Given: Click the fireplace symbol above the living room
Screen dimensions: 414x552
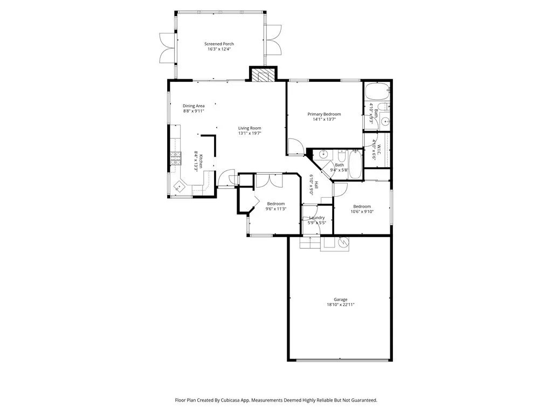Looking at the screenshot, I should pos(263,75).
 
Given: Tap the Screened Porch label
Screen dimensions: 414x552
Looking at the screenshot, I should pos(219,44).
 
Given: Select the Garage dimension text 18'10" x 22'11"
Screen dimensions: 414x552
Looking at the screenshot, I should pos(340,305).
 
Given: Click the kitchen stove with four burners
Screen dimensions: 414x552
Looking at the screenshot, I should pos(175,157).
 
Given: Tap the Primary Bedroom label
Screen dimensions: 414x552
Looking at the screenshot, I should pos(324,114).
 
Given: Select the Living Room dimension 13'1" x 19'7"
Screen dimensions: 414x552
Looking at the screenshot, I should pos(250,134).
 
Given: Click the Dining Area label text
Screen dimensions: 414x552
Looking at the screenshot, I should pos(194,106).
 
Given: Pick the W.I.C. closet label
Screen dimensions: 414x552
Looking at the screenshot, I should pos(379,150).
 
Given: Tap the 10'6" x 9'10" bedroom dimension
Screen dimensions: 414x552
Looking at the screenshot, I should pos(362,211).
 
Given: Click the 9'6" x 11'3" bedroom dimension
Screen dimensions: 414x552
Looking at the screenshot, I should pos(275,209).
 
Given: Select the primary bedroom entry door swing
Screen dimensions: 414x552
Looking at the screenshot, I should pos(294,147).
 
